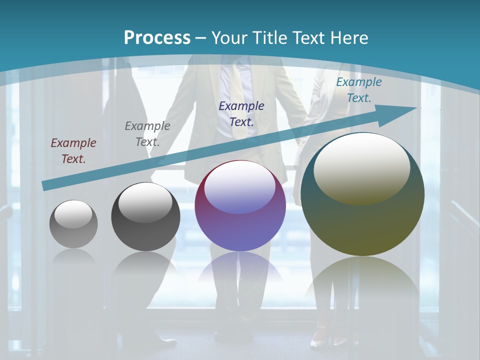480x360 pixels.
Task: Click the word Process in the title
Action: point(157,38)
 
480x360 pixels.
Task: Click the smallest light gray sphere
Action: point(73,224)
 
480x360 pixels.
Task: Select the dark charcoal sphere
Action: point(145,217)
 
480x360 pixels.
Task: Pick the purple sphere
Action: point(240,206)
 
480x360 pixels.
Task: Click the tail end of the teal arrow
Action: point(45,185)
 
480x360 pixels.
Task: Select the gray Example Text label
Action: point(147,134)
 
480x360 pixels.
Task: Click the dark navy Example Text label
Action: point(241,113)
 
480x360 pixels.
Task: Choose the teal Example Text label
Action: point(358,90)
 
